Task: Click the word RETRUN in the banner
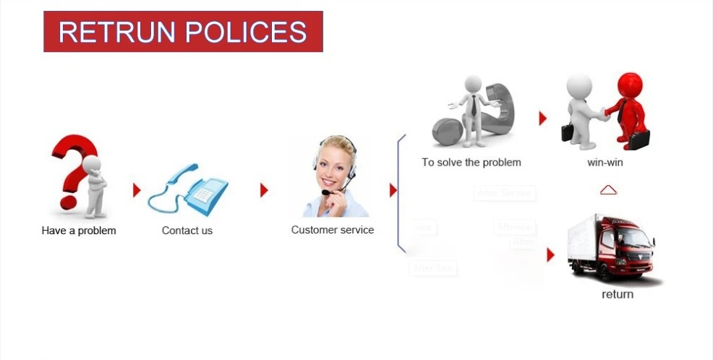[x=116, y=32]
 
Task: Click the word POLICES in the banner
[x=246, y=32]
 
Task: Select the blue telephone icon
[x=189, y=190]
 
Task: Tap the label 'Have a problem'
[x=79, y=231]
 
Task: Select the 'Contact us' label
[x=187, y=231]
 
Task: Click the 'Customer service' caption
[x=333, y=230]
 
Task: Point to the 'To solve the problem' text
[x=471, y=162]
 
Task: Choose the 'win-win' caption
[x=605, y=162]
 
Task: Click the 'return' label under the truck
[x=618, y=294]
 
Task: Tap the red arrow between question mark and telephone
[x=136, y=190]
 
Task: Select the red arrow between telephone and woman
[x=264, y=190]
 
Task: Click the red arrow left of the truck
[x=550, y=254]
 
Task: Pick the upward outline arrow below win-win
[x=609, y=189]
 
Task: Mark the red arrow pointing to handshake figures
[x=542, y=119]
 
